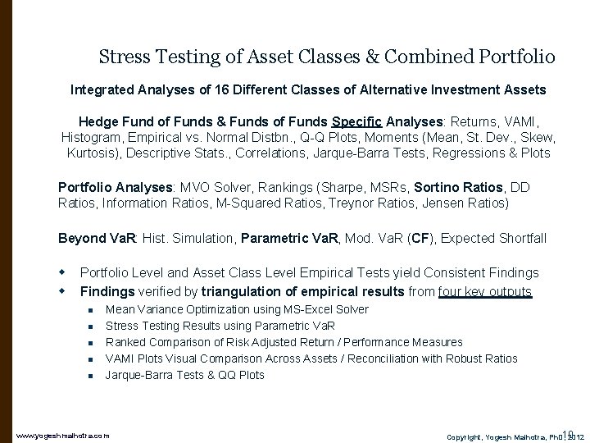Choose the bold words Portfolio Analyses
point(107,185)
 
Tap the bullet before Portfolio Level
point(62,272)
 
